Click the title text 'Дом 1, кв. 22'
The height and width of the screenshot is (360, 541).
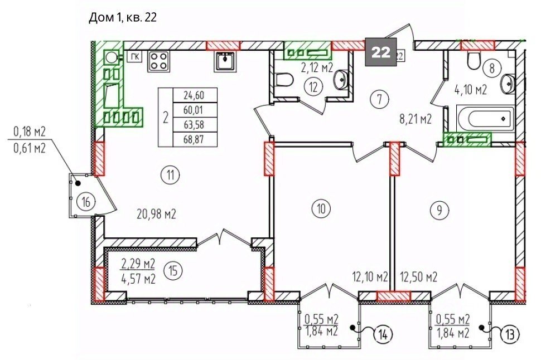coord(123,17)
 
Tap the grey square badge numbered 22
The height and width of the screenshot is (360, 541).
coord(381,52)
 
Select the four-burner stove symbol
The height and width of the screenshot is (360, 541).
coord(159,62)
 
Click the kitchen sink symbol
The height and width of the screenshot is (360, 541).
coord(226,62)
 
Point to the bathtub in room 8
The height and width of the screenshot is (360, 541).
coord(485,119)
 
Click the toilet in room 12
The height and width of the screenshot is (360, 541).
coord(284,80)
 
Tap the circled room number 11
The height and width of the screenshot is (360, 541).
coord(170,175)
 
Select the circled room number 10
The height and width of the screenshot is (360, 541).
coord(321,208)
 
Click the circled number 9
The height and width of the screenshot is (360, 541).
coord(439,210)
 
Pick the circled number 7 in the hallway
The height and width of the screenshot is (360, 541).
coord(379,99)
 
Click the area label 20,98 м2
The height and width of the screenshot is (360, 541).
coord(157,215)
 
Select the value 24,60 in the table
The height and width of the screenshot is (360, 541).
coord(194,95)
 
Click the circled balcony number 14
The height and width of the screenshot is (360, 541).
coord(383,334)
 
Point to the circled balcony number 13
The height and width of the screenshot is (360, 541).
coord(510,334)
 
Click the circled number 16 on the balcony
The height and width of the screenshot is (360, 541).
coord(86,201)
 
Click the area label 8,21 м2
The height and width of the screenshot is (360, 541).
coord(416,120)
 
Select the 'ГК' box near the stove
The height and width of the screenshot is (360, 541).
coord(135,56)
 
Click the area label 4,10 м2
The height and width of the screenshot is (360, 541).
coord(471,90)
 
